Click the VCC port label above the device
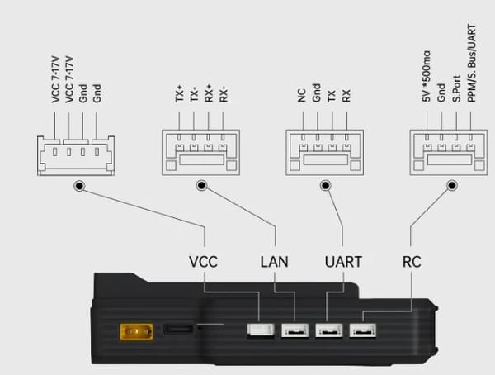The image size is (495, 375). click(x=203, y=262)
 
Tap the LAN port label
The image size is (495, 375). click(x=274, y=262)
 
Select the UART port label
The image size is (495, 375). click(x=343, y=262)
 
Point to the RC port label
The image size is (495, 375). click(x=412, y=262)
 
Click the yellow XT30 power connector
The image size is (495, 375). click(x=137, y=332)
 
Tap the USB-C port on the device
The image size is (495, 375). click(x=178, y=329)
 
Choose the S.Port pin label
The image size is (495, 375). click(x=456, y=89)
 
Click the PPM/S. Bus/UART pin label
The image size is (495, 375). click(x=471, y=64)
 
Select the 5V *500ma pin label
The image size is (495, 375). click(x=427, y=76)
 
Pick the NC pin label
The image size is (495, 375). click(x=302, y=96)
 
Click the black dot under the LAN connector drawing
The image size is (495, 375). click(x=201, y=185)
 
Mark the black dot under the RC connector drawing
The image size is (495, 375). click(x=452, y=185)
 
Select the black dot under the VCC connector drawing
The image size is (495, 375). click(x=79, y=186)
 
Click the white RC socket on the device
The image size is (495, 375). click(x=363, y=330)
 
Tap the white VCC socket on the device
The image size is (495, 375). click(x=261, y=330)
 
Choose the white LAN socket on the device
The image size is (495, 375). click(x=295, y=330)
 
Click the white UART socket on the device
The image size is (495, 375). click(x=329, y=330)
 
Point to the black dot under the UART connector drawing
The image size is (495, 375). click(x=326, y=185)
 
